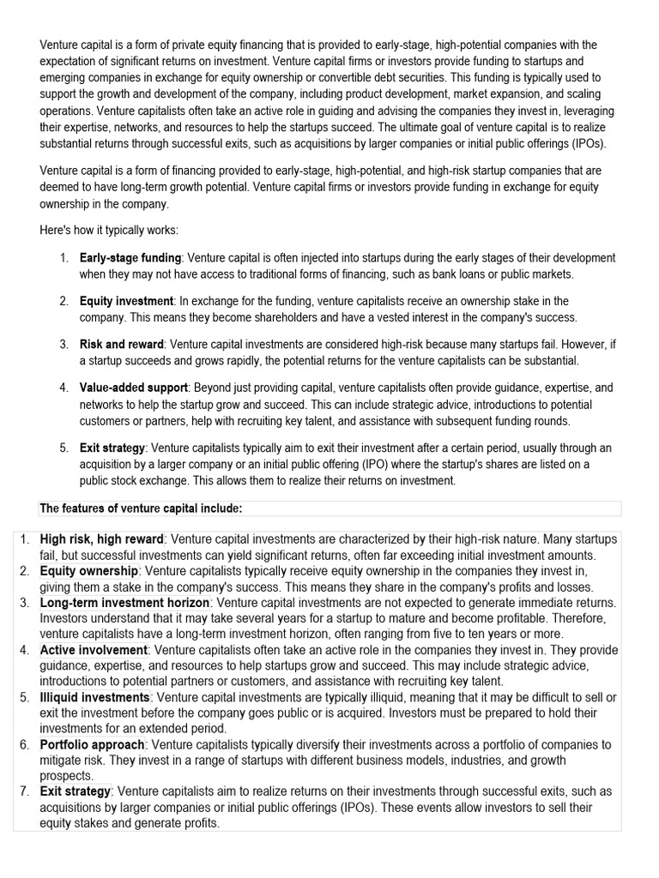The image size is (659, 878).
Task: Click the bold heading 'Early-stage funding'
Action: point(130,258)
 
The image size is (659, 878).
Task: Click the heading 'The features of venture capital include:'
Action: point(142,508)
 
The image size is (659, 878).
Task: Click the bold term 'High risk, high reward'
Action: point(101,539)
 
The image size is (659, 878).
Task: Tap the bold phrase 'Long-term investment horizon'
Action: point(124,603)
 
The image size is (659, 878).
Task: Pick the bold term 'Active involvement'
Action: point(94,650)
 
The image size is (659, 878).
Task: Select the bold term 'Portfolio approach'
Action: point(93,744)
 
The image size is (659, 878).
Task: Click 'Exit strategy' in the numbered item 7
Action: point(76,791)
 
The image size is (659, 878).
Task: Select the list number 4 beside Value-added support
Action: point(63,388)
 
